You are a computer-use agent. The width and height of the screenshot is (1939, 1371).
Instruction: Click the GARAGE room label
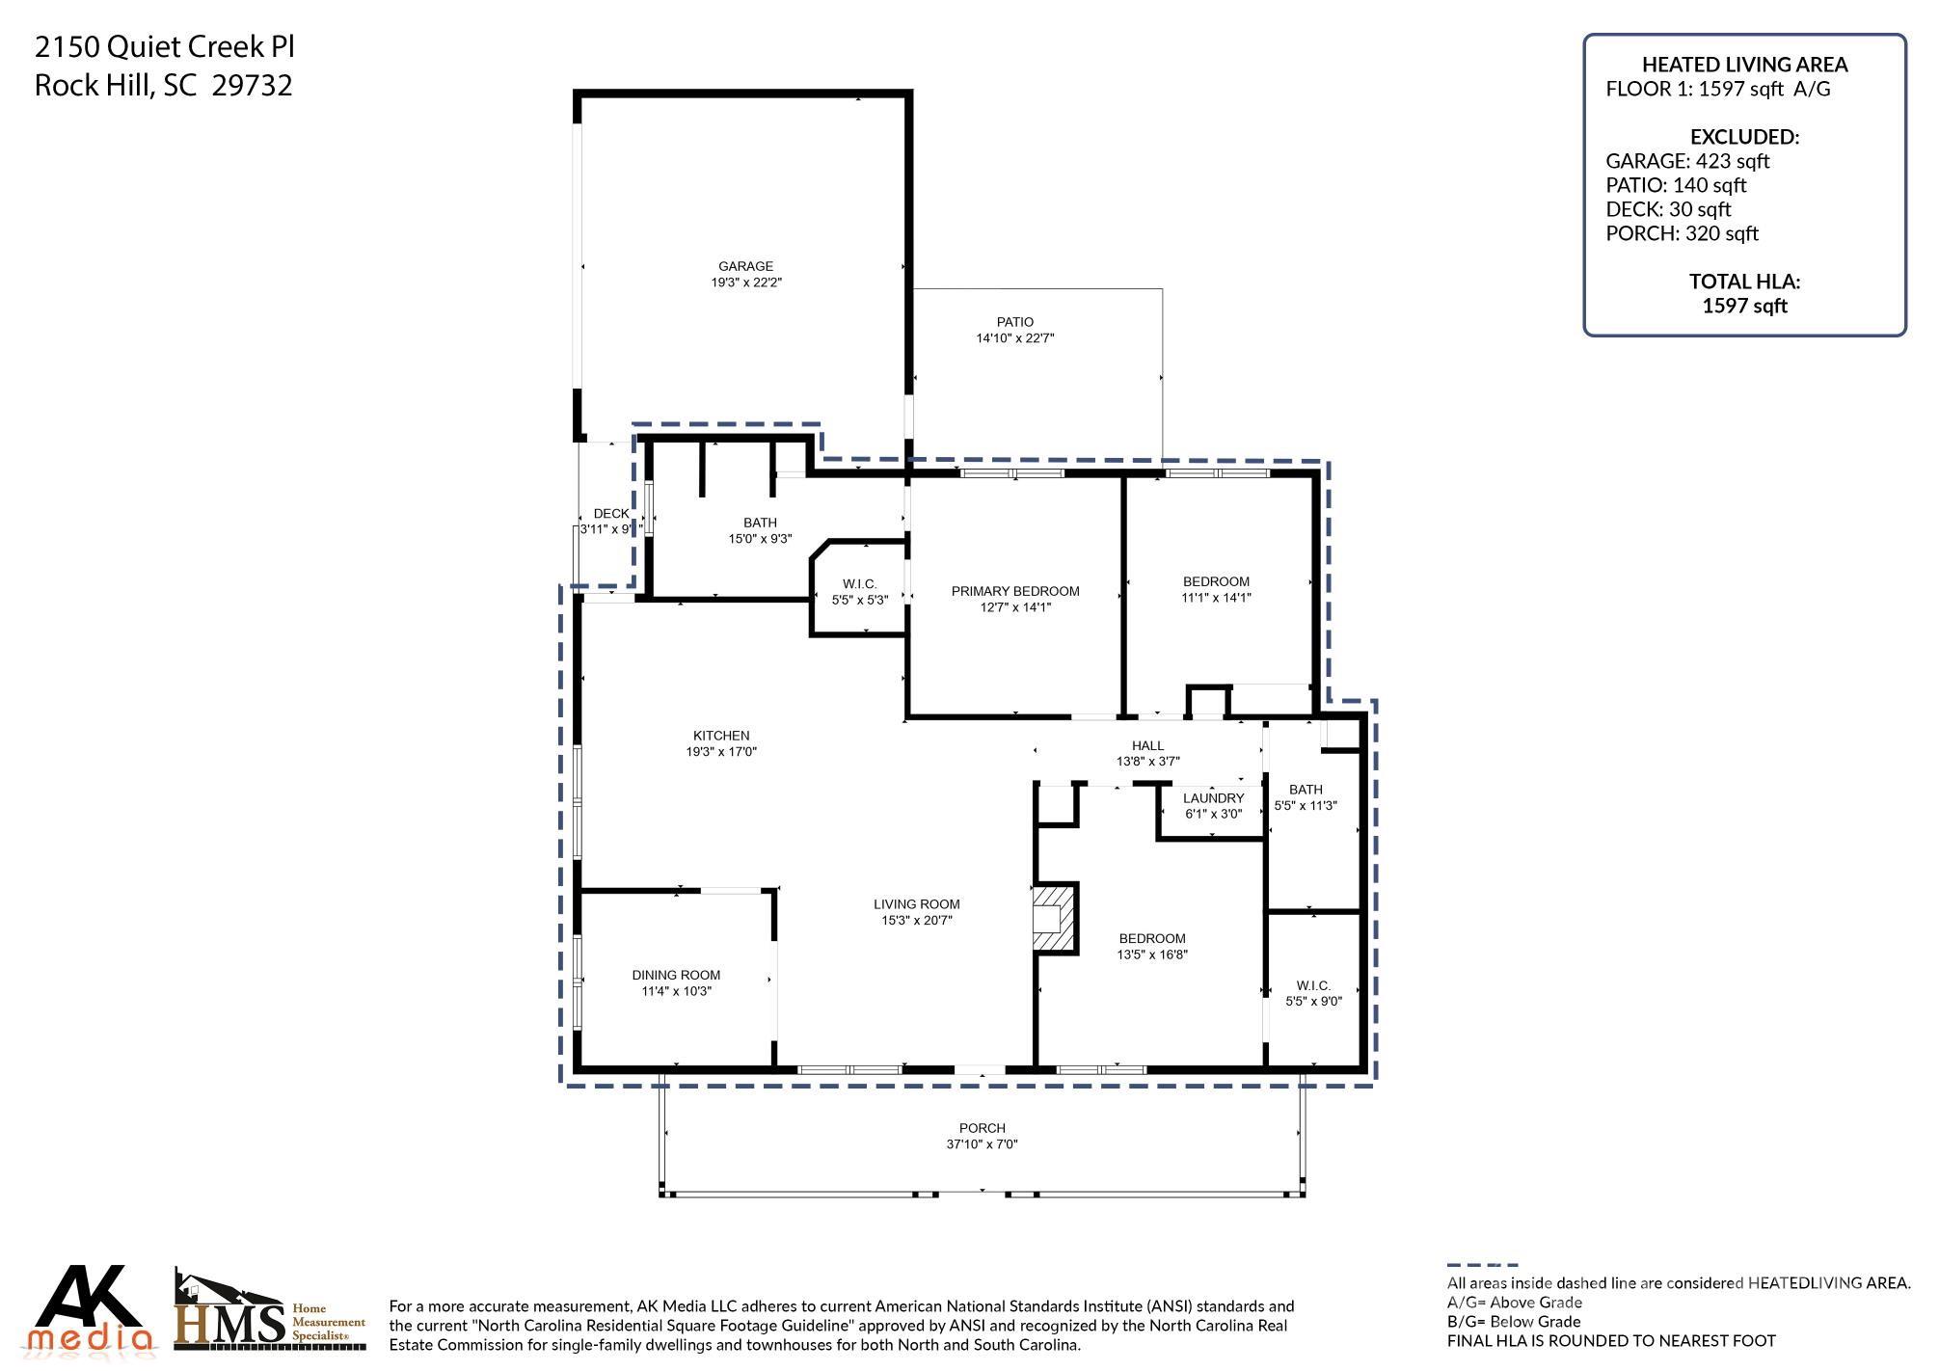(x=745, y=267)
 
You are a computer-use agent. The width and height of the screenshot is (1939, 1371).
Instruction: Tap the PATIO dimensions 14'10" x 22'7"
(x=1014, y=338)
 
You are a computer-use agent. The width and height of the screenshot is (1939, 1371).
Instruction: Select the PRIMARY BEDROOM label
(x=1014, y=591)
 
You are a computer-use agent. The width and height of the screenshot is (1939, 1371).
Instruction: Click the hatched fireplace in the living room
(x=1049, y=918)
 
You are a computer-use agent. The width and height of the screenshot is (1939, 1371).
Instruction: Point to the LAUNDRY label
(x=1213, y=798)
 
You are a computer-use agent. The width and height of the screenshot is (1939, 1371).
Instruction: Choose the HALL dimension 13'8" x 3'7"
(x=1147, y=762)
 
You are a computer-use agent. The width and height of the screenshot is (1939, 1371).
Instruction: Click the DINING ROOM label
(x=676, y=975)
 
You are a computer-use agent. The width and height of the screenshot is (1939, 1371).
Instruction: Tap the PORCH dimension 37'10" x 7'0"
(x=982, y=1144)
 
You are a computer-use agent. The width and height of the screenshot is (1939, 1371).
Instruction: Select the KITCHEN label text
(x=720, y=736)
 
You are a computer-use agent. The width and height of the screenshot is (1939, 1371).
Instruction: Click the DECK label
(x=611, y=514)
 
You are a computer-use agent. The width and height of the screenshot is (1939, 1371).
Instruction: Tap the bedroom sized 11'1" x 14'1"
(x=1216, y=589)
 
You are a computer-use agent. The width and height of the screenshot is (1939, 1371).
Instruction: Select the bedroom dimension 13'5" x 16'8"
(x=1152, y=954)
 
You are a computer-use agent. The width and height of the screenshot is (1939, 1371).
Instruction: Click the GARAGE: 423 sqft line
(x=1686, y=161)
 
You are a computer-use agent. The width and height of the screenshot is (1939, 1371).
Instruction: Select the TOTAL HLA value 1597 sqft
(x=1744, y=306)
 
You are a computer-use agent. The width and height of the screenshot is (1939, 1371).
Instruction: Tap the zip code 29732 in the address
(x=252, y=86)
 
